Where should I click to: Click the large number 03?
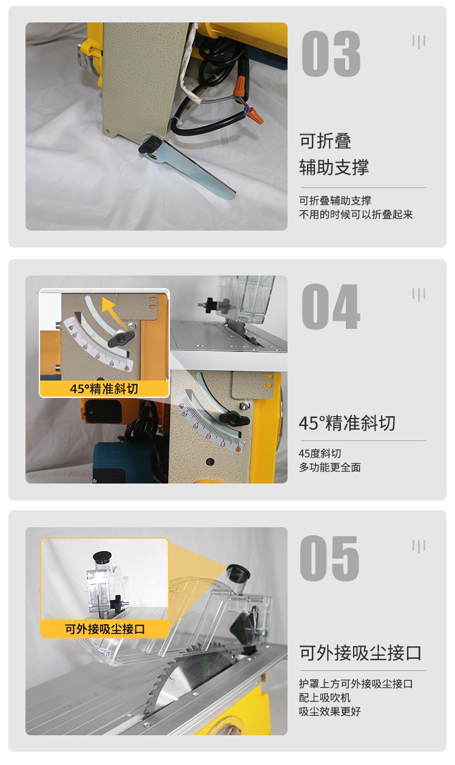click(x=331, y=55)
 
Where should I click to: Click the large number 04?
click(x=331, y=307)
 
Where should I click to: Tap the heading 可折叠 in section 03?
click(x=325, y=141)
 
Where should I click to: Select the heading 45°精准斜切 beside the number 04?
click(x=347, y=423)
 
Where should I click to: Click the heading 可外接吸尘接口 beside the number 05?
click(x=360, y=653)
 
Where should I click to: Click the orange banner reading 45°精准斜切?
click(x=104, y=389)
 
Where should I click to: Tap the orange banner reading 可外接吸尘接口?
click(x=104, y=629)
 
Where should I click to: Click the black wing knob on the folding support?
click(x=149, y=146)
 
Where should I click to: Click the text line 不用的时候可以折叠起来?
click(x=356, y=215)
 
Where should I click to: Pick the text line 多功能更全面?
click(x=329, y=467)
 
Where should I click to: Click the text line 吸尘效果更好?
click(x=329, y=711)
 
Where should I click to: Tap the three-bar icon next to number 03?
click(x=419, y=42)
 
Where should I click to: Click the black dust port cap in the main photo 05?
click(x=238, y=573)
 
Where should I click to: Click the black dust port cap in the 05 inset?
click(x=102, y=556)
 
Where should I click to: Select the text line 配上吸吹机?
click(x=324, y=698)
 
